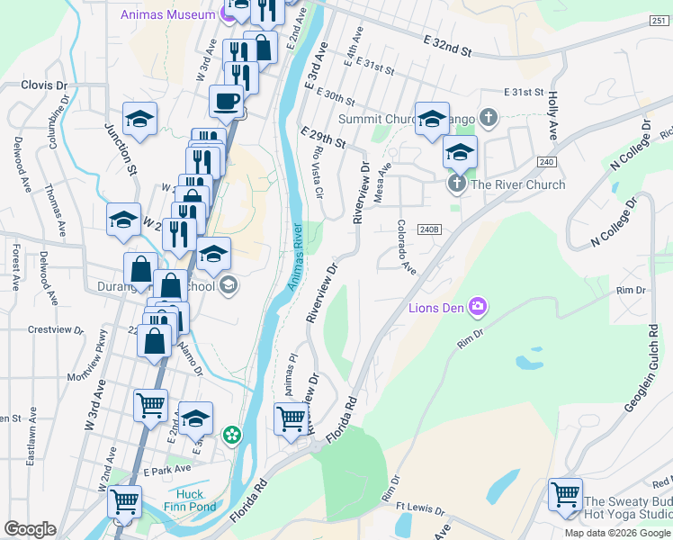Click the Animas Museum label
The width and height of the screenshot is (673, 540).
pyautogui.click(x=166, y=14)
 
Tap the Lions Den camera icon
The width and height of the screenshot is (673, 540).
pyautogui.click(x=476, y=308)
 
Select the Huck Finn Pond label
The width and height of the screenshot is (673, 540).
pyautogui.click(x=190, y=500)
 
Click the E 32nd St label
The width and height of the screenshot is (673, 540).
pyautogui.click(x=448, y=45)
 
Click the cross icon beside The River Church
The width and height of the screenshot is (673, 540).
pyautogui.click(x=456, y=184)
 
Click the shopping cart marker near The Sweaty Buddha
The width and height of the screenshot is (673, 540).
pyautogui.click(x=565, y=494)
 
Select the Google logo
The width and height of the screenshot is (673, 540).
pyautogui.click(x=30, y=529)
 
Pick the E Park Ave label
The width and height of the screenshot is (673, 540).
pyautogui.click(x=166, y=470)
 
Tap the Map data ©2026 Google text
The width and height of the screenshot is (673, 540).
pyautogui.click(x=616, y=533)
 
